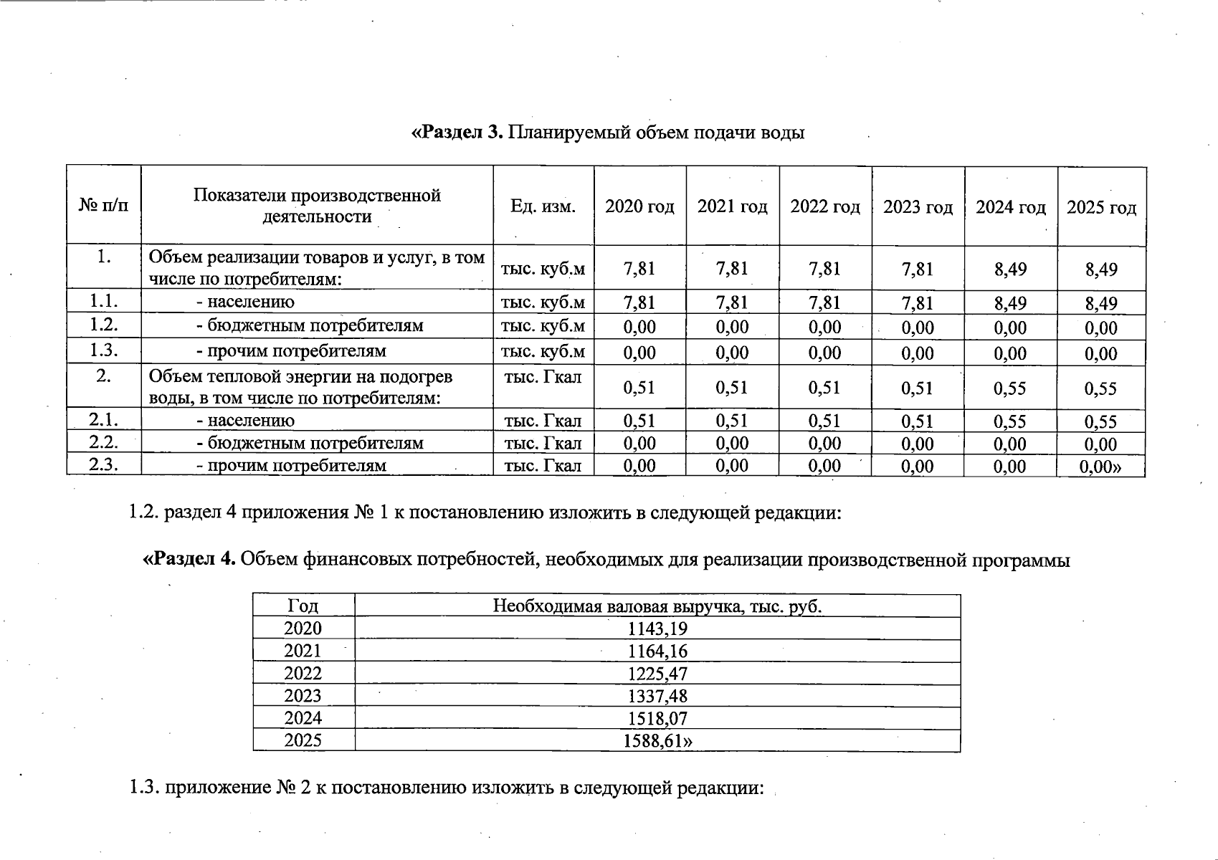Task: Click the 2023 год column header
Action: [x=918, y=207]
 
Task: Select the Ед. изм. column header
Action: [x=543, y=206]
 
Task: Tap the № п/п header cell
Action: [x=104, y=206]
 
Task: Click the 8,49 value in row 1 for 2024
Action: [x=1010, y=269]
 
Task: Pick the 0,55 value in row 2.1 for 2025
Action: [x=1100, y=421]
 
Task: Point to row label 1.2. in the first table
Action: [x=104, y=325]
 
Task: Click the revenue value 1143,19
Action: [x=657, y=629]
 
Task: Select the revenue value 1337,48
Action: [x=657, y=696]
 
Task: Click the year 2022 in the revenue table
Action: [x=303, y=674]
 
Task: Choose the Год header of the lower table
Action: [x=303, y=606]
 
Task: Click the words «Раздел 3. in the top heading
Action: [x=457, y=133]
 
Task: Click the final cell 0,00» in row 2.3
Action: [x=1100, y=467]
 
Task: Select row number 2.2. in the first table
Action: [x=104, y=442]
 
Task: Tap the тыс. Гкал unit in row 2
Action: [x=543, y=377]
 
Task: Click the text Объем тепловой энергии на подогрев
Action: [x=300, y=377]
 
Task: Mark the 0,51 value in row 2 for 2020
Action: [x=639, y=388]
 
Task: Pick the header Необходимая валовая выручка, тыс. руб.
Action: [x=657, y=606]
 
